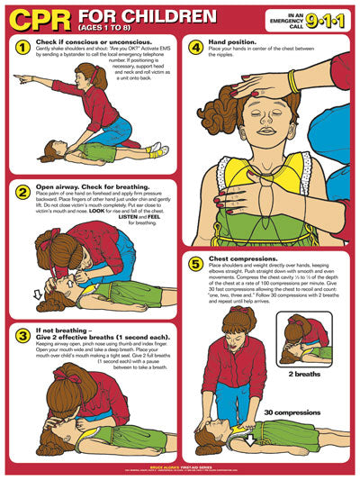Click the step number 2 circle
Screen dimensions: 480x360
click(x=21, y=192)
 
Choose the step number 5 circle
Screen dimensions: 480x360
click(x=195, y=264)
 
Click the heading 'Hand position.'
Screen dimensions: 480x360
click(x=235, y=43)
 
